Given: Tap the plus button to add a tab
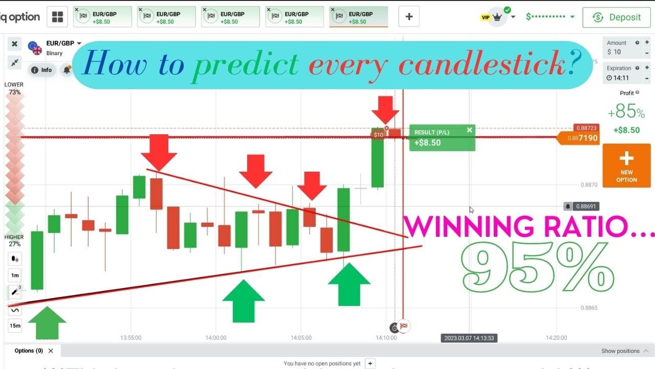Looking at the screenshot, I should tap(409, 17).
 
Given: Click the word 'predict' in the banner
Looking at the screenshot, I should tap(246, 65).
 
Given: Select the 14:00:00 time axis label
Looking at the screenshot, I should tap(215, 338).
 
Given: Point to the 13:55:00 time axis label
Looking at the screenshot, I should tap(130, 338).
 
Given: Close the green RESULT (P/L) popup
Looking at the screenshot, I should tap(469, 130).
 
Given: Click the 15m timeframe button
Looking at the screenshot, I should tap(15, 325).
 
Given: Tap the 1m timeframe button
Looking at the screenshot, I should tap(15, 276).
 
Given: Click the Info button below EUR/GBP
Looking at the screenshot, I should tap(42, 70).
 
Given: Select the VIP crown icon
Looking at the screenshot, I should tap(496, 17).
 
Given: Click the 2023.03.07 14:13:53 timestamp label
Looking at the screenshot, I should tap(469, 338).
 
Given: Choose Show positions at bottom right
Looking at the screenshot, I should tap(620, 351).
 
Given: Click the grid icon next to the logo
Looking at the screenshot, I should tap(57, 17).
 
